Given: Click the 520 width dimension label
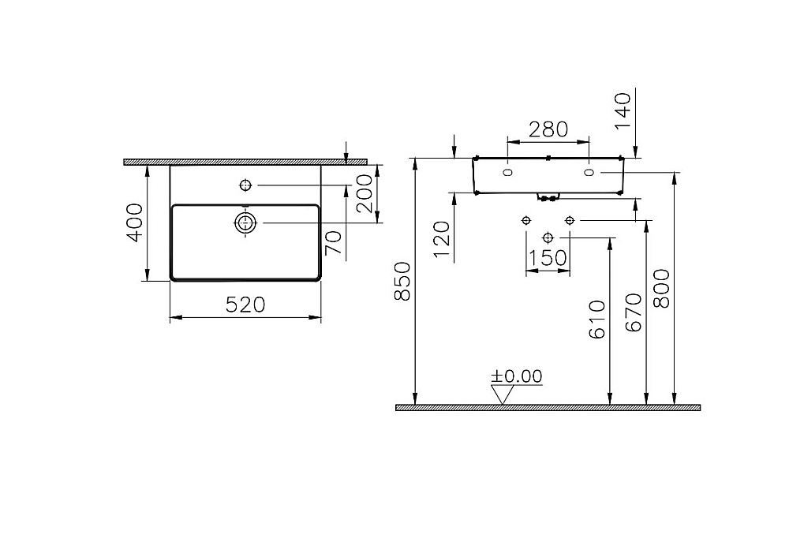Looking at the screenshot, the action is coord(245,305).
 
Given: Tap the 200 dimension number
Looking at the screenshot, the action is coord(365,193).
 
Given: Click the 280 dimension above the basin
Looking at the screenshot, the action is coord(548,129).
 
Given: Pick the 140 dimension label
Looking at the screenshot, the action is coord(623,110).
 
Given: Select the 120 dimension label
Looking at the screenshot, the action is coord(441,239).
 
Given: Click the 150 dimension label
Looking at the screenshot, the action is coord(548,258).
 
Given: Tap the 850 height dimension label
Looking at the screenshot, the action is coord(402,282).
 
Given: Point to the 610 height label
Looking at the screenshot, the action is coord(596,319).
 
